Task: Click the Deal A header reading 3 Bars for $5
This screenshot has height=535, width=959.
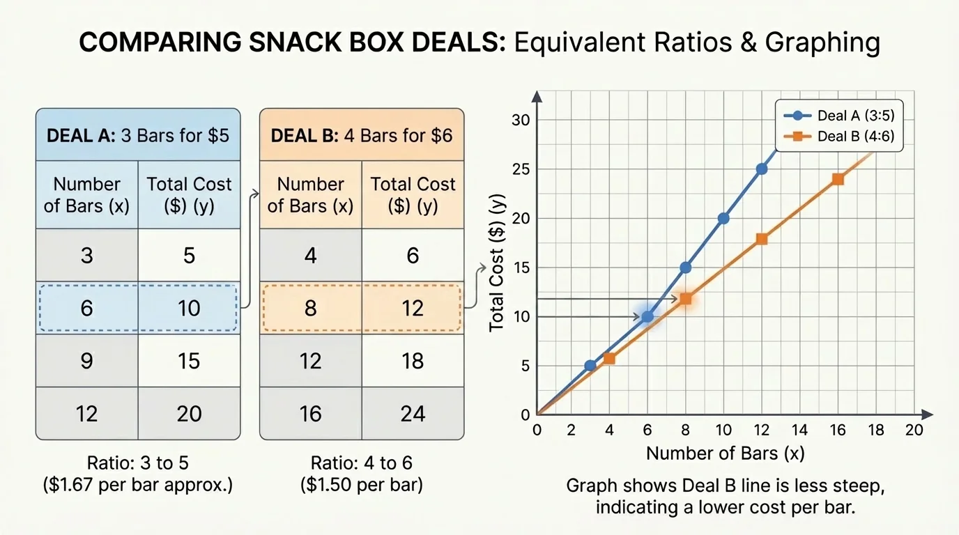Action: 137,134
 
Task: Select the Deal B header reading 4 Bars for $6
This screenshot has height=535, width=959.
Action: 361,134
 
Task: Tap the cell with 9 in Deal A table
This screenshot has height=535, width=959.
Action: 86,361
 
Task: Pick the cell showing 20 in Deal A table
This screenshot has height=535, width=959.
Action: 189,414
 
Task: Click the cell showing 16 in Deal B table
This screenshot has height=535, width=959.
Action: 310,414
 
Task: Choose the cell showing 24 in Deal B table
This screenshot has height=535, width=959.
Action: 413,414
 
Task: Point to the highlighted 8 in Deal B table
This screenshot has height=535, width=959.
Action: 310,308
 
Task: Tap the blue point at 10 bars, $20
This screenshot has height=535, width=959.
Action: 723,218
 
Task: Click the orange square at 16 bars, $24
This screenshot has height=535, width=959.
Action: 838,179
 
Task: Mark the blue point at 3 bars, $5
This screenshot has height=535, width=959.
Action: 590,365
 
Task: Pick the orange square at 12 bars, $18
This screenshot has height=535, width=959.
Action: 762,239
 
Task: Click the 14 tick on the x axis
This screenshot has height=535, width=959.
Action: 800,430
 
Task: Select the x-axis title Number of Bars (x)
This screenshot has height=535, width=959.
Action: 725,453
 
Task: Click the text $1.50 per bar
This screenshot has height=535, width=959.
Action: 361,485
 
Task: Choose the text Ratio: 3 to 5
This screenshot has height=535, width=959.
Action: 137,463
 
